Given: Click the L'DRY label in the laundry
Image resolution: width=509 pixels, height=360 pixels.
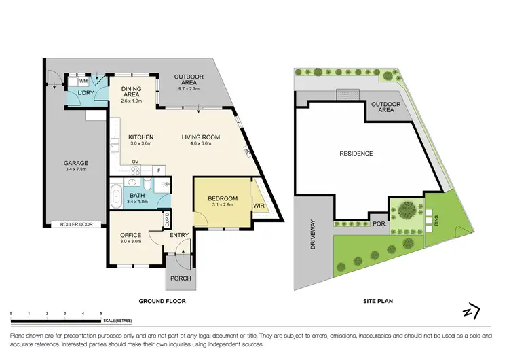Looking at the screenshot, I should click(86, 92).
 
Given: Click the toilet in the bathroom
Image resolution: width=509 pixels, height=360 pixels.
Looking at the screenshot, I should click(164, 183).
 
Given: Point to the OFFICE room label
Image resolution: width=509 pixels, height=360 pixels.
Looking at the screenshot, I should click(130, 235).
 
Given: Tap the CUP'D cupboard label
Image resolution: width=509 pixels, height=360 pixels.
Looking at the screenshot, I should click(167, 219).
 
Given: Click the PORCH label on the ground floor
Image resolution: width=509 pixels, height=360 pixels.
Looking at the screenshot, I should click(181, 278).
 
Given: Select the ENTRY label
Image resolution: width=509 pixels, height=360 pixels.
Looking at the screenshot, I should click(180, 235).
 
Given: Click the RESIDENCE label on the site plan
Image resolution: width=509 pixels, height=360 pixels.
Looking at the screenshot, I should click(356, 154).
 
